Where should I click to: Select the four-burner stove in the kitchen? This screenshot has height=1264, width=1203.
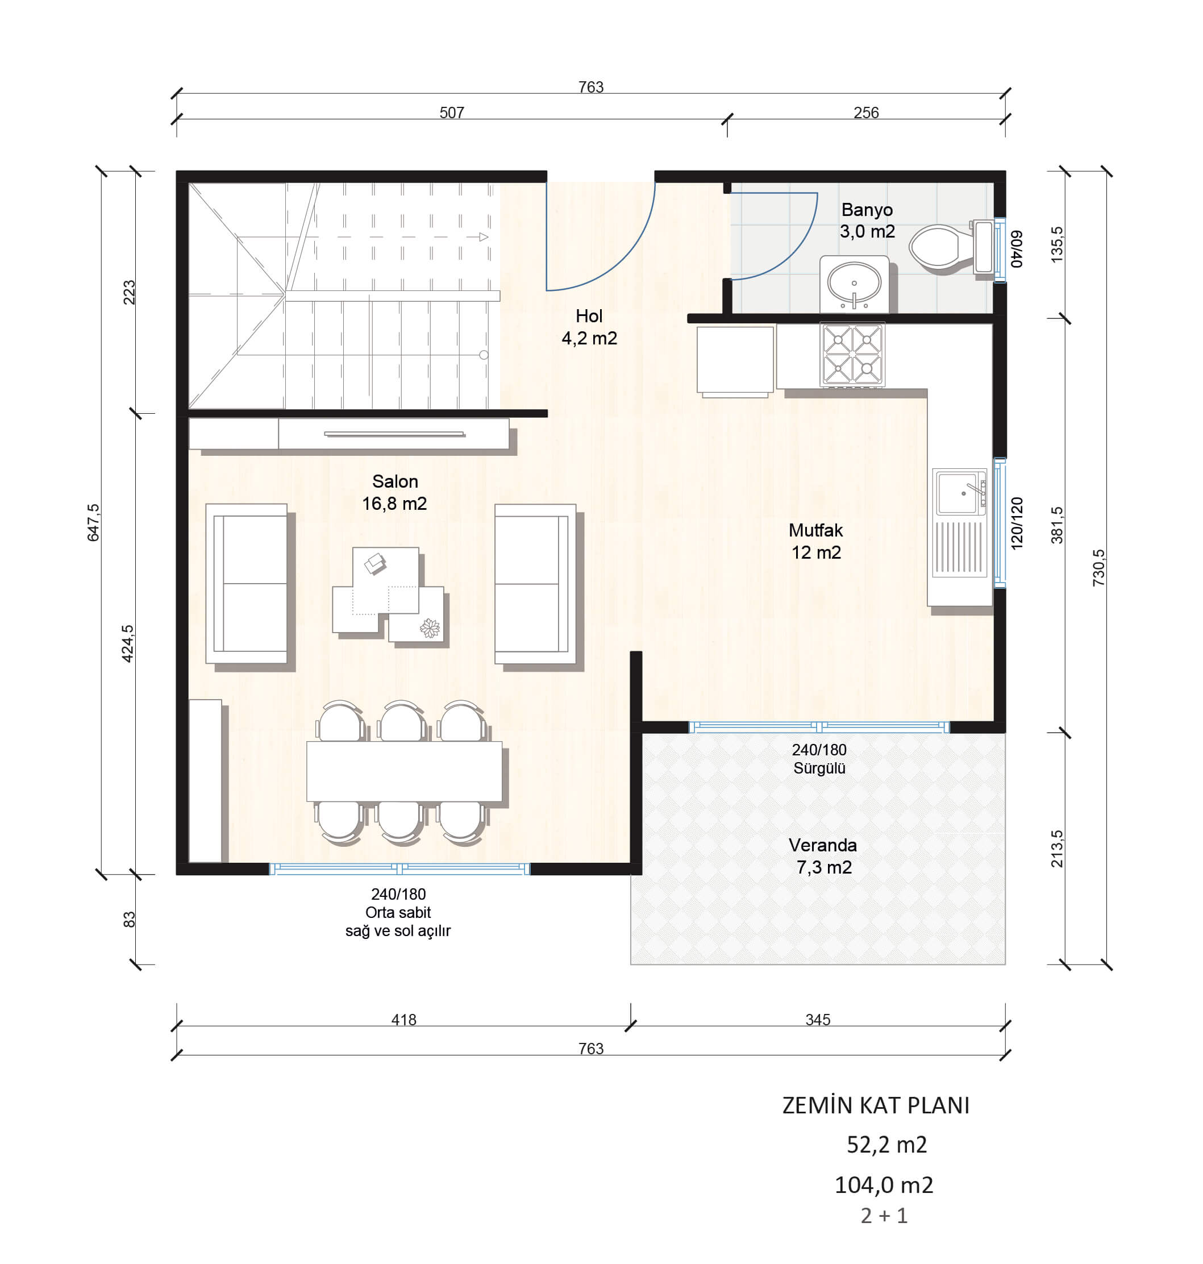coord(852,355)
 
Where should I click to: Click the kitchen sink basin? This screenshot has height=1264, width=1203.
coord(959,493)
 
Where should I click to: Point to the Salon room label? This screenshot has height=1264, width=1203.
coord(395,481)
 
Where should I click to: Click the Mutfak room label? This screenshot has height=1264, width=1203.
coord(815,530)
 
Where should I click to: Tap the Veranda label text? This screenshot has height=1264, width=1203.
coord(823,845)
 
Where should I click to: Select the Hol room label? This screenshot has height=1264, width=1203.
coord(589,316)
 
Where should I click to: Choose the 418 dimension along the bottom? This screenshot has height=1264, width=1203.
coord(404,1020)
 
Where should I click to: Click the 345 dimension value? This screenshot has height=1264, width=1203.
coord(818,1020)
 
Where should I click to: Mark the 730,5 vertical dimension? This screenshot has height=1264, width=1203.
coord(1098,568)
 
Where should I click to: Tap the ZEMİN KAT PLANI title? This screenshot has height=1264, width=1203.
coord(875,1105)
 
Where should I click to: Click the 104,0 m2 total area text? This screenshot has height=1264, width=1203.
coord(884,1185)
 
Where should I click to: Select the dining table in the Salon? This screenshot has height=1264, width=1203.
coord(404,771)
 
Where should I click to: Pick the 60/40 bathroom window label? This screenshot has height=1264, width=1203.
coord(1017,249)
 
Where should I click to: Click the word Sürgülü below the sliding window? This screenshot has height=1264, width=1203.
coord(819,768)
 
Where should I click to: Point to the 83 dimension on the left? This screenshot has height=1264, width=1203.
coord(129,920)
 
